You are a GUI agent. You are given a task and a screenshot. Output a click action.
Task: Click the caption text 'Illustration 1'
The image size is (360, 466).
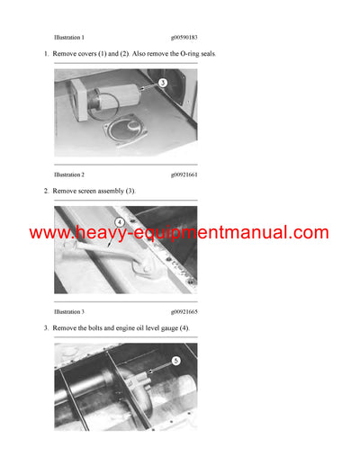69,38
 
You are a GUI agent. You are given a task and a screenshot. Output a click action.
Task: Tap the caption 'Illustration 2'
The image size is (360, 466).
69,174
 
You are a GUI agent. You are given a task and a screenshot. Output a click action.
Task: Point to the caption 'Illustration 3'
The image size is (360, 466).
69,311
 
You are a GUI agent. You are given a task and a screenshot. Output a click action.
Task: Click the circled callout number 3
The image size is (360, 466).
162,82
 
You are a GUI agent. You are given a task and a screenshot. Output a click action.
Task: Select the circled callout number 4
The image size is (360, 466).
118,221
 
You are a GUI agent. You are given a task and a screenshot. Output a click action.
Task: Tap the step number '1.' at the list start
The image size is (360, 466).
46,54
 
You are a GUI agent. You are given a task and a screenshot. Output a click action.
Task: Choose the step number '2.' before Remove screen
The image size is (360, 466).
46,192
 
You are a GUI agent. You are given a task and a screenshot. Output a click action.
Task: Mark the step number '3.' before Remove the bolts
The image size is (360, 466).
46,328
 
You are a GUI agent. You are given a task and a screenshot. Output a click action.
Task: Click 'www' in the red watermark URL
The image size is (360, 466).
52,233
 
